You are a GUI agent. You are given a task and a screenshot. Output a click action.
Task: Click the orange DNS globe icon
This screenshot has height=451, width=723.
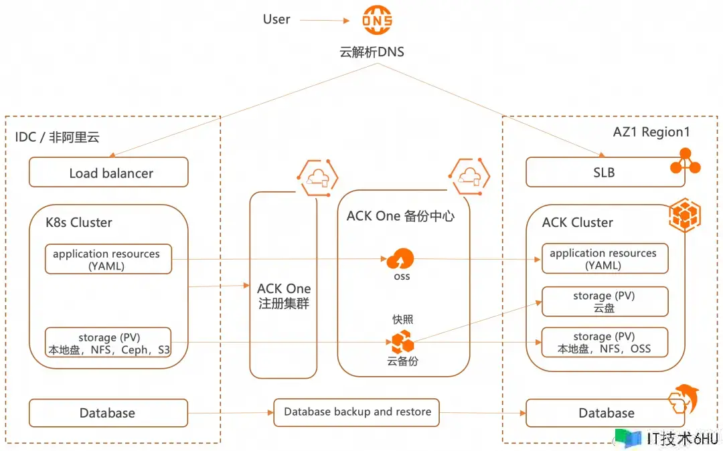tap(377, 21)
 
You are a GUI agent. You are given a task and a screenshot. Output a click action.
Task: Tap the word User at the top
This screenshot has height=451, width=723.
tap(276, 19)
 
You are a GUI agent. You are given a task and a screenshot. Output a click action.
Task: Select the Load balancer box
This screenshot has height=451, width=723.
tap(108, 173)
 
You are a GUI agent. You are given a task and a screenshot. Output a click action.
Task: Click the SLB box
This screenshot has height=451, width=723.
tap(605, 172)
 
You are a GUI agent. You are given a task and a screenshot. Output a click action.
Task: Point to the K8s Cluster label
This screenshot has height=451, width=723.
tap(79, 222)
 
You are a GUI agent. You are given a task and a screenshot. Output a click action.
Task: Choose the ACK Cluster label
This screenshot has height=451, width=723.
tap(577, 222)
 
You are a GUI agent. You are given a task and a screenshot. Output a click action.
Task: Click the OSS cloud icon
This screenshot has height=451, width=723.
tap(402, 258)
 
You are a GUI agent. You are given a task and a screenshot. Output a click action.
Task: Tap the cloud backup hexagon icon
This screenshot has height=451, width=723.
tap(402, 342)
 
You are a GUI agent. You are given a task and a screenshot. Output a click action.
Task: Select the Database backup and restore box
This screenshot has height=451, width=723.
tap(356, 412)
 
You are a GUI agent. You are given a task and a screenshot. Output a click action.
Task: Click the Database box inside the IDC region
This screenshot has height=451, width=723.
tap(108, 413)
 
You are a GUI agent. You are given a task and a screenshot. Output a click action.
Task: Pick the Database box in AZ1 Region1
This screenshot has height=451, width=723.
tap(605, 413)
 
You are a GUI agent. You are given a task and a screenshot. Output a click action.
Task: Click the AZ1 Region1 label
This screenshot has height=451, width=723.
tap(651, 132)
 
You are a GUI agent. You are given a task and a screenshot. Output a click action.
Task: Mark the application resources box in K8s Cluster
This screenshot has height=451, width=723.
tap(108, 260)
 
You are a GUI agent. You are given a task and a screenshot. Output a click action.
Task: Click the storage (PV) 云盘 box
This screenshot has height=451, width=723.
tap(605, 302)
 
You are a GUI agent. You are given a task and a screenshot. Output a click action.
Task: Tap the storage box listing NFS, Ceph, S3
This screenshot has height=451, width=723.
tap(108, 343)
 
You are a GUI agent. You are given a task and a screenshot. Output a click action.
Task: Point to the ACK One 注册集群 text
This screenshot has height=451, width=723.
tap(284, 296)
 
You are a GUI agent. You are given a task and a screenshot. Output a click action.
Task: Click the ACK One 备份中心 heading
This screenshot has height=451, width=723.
tap(400, 216)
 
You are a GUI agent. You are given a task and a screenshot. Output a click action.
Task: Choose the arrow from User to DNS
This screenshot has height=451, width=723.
tap(324, 21)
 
